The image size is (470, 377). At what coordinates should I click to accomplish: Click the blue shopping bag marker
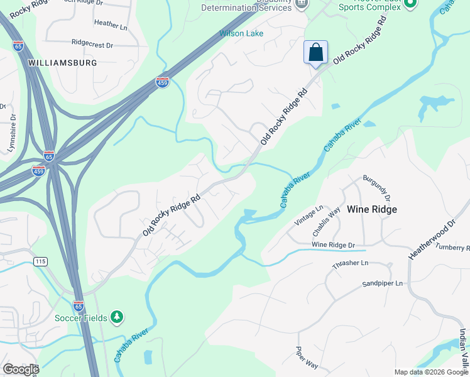(x=315, y=52)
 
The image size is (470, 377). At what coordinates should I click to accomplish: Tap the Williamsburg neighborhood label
(x=62, y=63)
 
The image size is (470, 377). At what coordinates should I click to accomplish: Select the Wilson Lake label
(x=241, y=33)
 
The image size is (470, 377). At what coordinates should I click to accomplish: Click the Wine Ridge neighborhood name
(x=372, y=209)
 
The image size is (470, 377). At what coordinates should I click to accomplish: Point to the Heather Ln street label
(x=110, y=23)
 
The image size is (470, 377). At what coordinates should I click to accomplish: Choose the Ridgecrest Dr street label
(x=92, y=45)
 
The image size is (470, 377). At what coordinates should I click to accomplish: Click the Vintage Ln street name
(x=309, y=216)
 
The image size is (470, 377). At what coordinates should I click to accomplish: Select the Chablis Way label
(x=340, y=219)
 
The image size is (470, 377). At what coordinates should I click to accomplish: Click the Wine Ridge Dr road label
(x=333, y=244)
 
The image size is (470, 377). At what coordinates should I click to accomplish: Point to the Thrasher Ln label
(x=350, y=264)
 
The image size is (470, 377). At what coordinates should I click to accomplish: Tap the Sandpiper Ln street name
(x=382, y=284)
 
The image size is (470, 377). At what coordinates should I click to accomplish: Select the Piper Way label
(x=307, y=358)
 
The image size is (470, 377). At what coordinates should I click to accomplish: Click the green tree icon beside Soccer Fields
(x=116, y=317)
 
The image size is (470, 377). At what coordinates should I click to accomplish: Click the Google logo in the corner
(x=21, y=369)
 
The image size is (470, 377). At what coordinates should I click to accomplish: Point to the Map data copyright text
(x=431, y=372)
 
